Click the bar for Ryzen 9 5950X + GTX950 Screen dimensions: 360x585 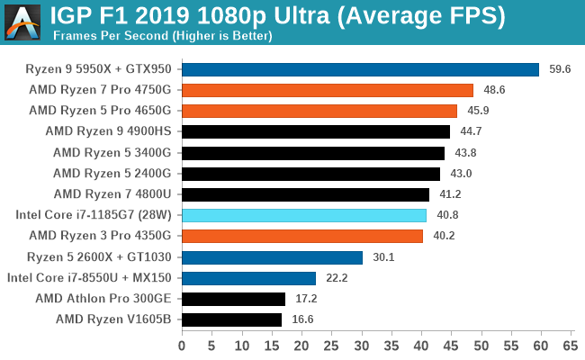click(x=360, y=69)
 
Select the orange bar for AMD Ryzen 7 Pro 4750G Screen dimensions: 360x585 click(x=328, y=90)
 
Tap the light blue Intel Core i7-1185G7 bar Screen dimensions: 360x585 click(x=304, y=215)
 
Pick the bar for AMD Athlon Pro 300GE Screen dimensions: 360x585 click(x=233, y=298)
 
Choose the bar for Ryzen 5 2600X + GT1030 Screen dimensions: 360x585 click(x=272, y=256)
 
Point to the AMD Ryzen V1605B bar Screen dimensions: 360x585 click(x=231, y=319)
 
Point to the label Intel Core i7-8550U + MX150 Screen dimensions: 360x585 click(x=94, y=277)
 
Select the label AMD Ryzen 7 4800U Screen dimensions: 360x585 click(x=118, y=193)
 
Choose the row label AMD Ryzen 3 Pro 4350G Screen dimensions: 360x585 click(x=105, y=236)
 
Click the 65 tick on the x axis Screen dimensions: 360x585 click(x=569, y=345)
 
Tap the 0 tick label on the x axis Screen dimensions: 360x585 click(x=182, y=345)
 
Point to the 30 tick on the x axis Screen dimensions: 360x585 click(x=361, y=345)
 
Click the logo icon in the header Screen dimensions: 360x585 click(x=22, y=22)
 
